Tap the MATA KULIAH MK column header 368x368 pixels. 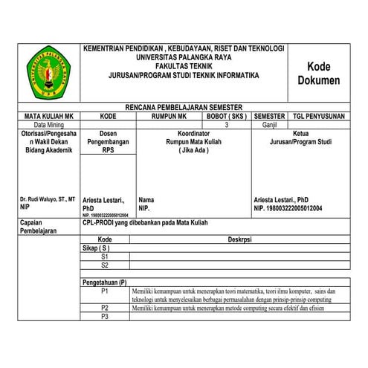point(48,117)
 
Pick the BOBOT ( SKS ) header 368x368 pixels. point(226,117)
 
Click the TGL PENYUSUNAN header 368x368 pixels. point(318,117)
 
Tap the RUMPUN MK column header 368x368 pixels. point(168,117)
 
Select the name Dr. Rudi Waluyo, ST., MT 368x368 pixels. point(48,199)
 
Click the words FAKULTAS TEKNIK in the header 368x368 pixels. point(184,66)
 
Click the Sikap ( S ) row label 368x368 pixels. point(96,248)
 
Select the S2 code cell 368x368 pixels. point(105,265)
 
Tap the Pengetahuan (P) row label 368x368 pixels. point(105,283)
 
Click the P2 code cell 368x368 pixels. point(105,307)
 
